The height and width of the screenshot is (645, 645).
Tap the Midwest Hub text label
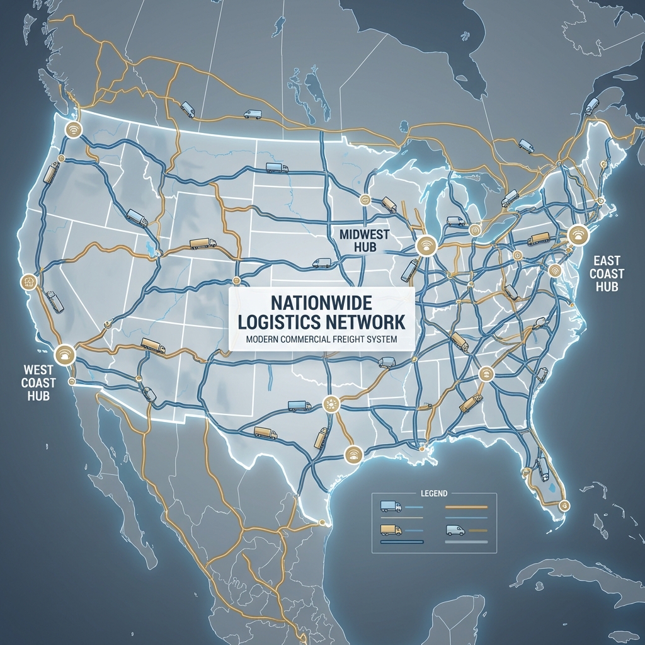(365, 241)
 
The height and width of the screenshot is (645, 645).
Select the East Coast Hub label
(608, 273)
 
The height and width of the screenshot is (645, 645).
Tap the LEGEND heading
(433, 493)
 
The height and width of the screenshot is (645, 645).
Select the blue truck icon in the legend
(391, 506)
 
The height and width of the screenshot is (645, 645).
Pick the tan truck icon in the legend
(391, 530)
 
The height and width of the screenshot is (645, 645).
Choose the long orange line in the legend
(466, 506)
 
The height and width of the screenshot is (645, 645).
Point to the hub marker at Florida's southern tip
(564, 504)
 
